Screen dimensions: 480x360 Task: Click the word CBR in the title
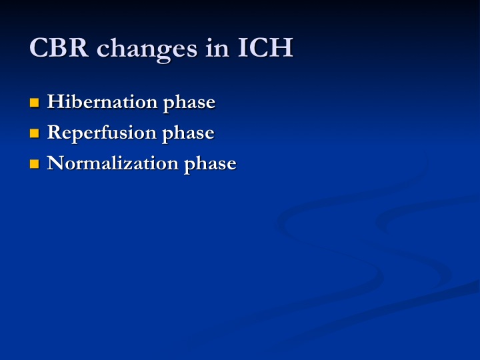pos(59,47)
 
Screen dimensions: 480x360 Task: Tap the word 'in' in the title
pos(217,47)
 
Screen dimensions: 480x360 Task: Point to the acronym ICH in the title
pos(265,47)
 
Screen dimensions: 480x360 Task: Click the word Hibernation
pos(102,101)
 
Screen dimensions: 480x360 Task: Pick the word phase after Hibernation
pos(189,103)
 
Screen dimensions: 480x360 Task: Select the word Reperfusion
pos(101,133)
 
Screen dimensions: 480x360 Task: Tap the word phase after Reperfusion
pos(188,134)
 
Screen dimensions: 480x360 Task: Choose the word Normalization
pos(113,163)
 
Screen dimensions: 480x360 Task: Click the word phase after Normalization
pos(210,165)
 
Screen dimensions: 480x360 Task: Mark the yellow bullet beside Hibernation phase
pos(34,103)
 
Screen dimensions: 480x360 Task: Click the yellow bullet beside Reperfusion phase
pos(34,133)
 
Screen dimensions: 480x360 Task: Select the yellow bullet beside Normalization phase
pos(34,164)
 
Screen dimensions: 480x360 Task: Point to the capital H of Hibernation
pos(55,101)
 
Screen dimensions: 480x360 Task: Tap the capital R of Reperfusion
pos(54,132)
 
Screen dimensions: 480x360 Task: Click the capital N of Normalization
pos(56,163)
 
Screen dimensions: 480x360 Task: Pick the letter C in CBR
pos(39,47)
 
